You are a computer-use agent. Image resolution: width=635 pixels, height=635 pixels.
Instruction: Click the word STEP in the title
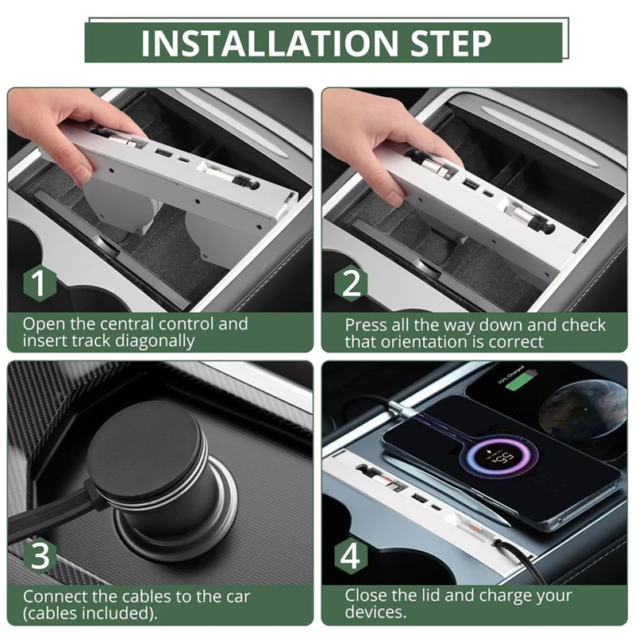[451, 43]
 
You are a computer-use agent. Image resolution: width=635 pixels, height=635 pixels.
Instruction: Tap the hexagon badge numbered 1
[39, 283]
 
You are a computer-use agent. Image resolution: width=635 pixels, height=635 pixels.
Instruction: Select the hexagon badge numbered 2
[351, 283]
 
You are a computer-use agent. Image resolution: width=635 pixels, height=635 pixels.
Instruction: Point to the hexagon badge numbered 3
[39, 556]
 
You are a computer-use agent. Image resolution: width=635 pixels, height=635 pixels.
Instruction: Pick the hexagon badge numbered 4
[351, 556]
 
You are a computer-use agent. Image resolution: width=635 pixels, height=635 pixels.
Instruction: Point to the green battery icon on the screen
[518, 382]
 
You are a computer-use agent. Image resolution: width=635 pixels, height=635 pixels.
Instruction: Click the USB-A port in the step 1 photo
[162, 153]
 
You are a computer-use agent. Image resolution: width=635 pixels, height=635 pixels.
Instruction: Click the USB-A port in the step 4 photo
[419, 498]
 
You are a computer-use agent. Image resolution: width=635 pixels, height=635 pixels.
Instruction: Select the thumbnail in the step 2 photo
[394, 199]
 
